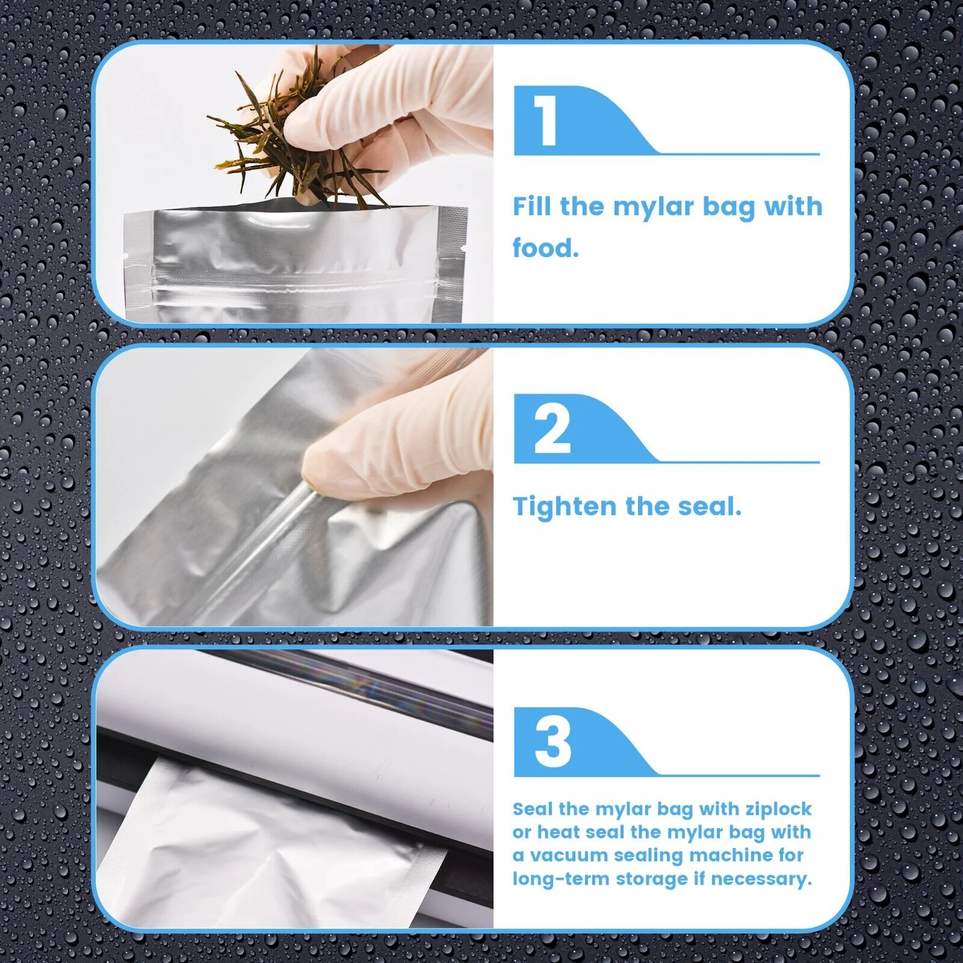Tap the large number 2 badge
coord(552,429)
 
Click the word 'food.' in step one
coord(545,247)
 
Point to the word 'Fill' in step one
coord(532,206)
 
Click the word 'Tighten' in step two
coord(565,507)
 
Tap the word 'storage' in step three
coord(651,879)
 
